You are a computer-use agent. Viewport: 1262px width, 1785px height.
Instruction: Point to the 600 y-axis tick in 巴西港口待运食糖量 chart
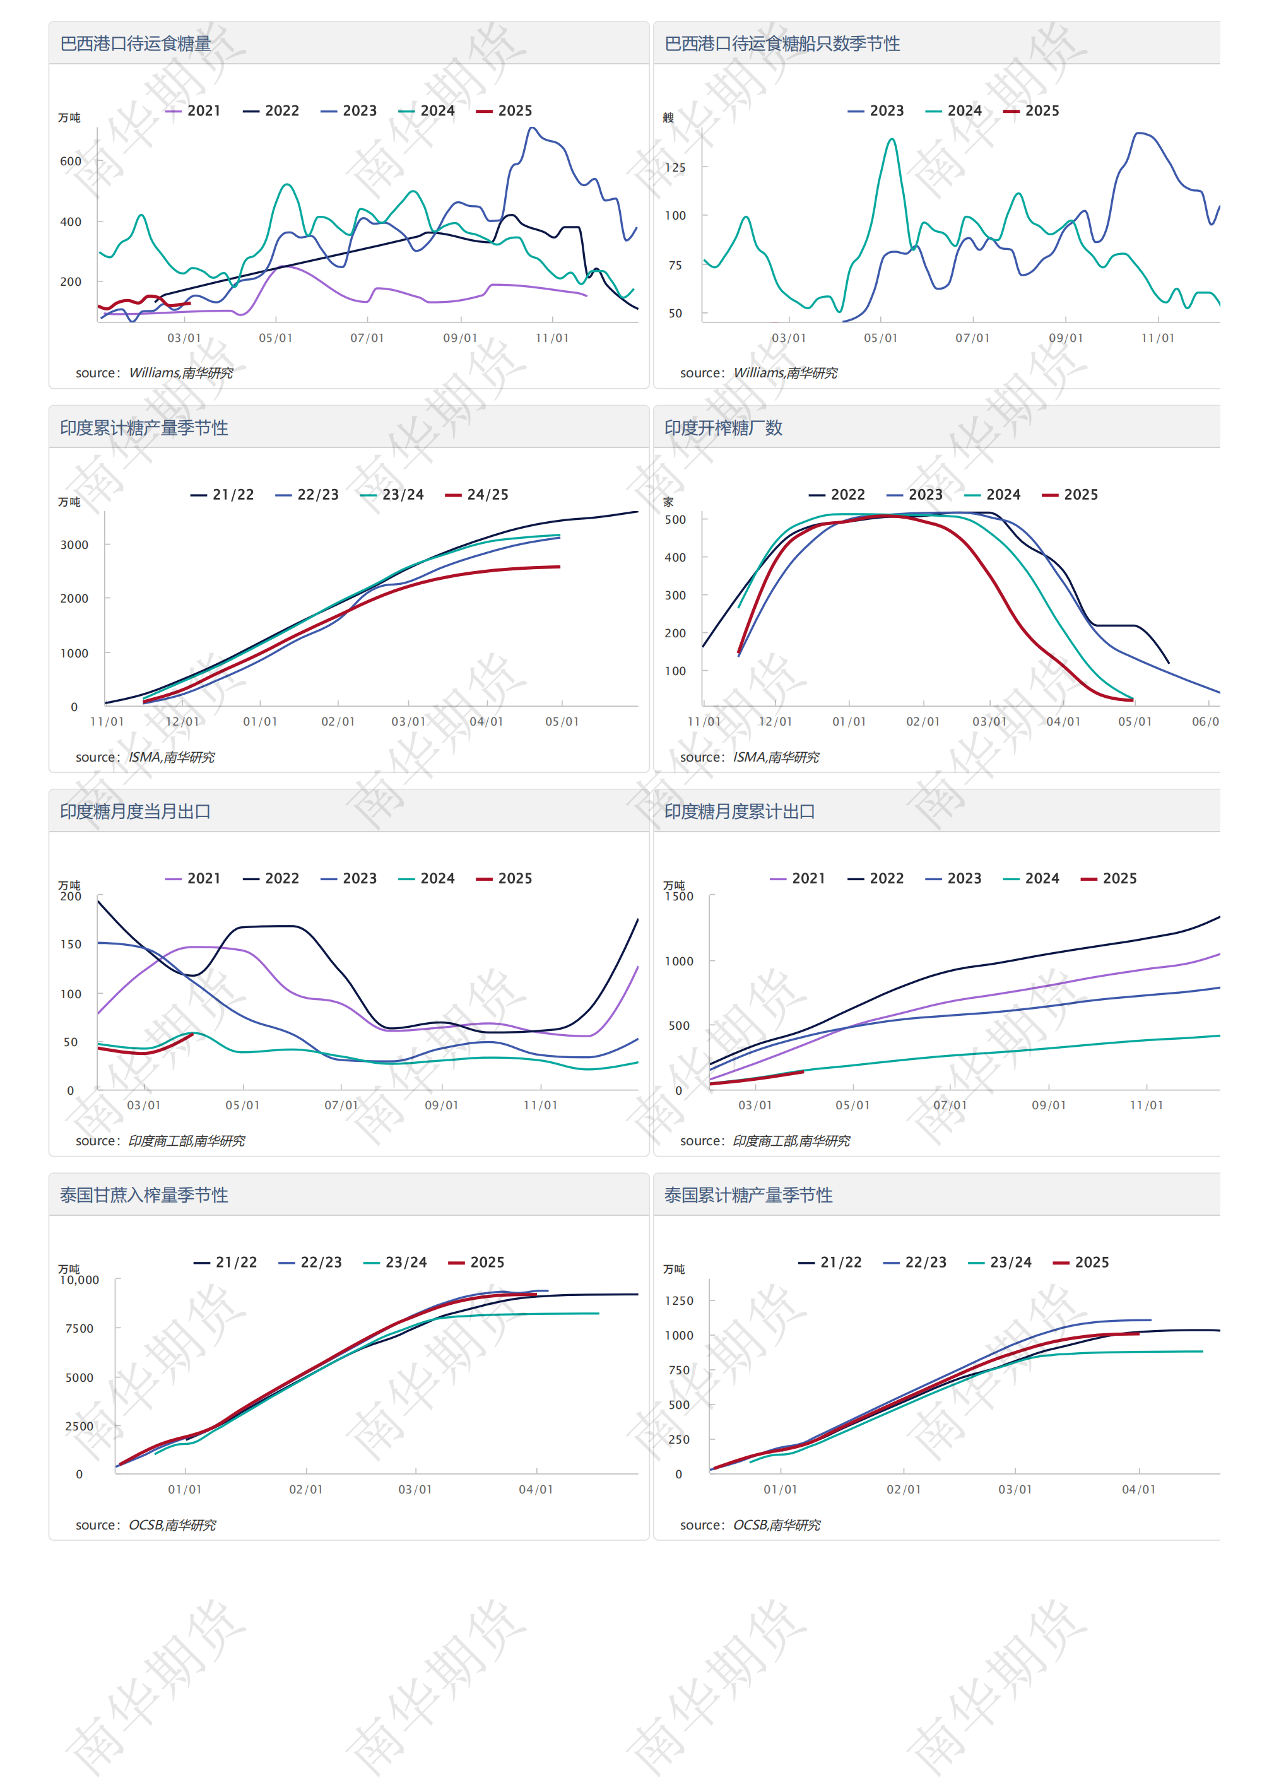(71, 162)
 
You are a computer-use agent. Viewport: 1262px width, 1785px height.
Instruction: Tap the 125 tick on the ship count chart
(675, 168)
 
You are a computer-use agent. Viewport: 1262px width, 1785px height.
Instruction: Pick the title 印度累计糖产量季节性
(144, 428)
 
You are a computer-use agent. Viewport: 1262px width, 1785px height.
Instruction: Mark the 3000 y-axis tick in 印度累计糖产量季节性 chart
(74, 545)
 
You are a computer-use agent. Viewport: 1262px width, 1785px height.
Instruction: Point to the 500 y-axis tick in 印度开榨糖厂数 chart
(675, 520)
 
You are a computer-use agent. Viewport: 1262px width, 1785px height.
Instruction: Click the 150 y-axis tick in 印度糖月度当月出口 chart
(71, 945)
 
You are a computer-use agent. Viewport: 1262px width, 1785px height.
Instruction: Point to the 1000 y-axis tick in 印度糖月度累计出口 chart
(679, 962)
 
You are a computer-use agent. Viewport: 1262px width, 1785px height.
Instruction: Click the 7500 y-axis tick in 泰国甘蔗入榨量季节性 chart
(80, 1329)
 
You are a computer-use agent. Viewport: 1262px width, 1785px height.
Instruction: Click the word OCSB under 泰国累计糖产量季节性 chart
(750, 1525)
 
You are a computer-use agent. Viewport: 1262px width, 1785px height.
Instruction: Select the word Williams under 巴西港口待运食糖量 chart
(153, 373)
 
